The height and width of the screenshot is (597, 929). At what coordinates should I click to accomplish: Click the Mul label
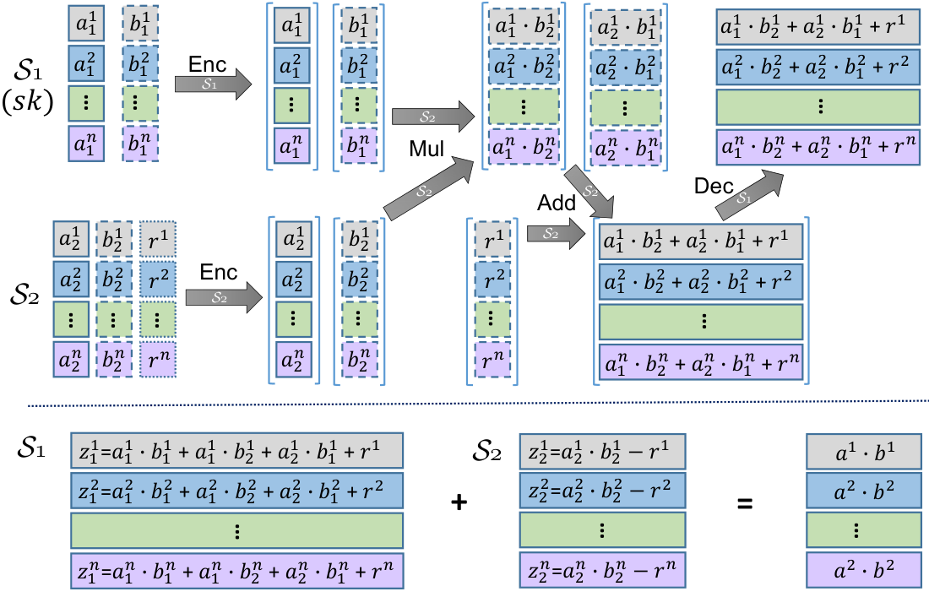pos(426,148)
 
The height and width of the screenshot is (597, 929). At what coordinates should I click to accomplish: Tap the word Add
pos(557,204)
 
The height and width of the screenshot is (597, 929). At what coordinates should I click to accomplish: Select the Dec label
pos(714,186)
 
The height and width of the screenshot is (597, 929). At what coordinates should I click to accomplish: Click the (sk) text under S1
pos(28,101)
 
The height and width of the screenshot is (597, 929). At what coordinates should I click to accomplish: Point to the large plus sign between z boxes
pos(459,502)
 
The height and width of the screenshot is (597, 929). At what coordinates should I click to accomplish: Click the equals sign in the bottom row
pos(745,504)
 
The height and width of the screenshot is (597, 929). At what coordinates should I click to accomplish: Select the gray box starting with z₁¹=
pos(237,451)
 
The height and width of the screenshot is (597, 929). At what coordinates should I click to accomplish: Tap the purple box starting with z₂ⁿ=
pos(602,570)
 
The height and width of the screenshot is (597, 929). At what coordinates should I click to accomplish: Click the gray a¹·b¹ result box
pos(864,451)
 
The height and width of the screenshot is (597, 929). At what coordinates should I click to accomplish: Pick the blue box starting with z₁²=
pos(237,491)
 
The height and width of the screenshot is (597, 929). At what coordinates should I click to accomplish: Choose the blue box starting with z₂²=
pos(602,491)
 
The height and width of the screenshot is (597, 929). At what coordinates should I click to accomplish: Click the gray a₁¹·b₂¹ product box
pos(524,26)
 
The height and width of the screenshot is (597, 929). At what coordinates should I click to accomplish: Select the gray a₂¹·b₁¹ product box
pos(626,28)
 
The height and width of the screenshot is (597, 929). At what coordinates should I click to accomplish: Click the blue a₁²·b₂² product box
pos(524,67)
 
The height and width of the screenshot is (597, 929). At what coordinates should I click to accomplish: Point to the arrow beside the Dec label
pos(749,193)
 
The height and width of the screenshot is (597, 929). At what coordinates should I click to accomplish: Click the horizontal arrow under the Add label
pos(557,233)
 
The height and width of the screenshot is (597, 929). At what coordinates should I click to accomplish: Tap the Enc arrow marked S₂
pos(224,297)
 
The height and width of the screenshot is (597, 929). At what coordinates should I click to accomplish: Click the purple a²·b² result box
pos(864,570)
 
